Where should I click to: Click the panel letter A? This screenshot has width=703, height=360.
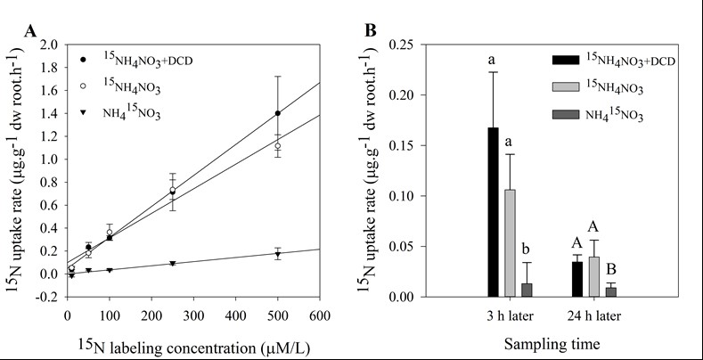pyautogui.click(x=30, y=32)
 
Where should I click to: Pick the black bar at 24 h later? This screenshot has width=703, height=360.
pyautogui.click(x=577, y=279)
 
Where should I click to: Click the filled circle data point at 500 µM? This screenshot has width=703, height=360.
pyautogui.click(x=278, y=113)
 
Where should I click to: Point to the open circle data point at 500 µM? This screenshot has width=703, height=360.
pyautogui.click(x=278, y=146)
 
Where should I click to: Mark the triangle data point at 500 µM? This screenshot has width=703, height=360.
pyautogui.click(x=278, y=254)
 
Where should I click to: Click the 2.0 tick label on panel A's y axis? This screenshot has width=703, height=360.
pyautogui.click(x=49, y=45)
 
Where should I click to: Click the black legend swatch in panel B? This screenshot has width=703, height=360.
pyautogui.click(x=562, y=59)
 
